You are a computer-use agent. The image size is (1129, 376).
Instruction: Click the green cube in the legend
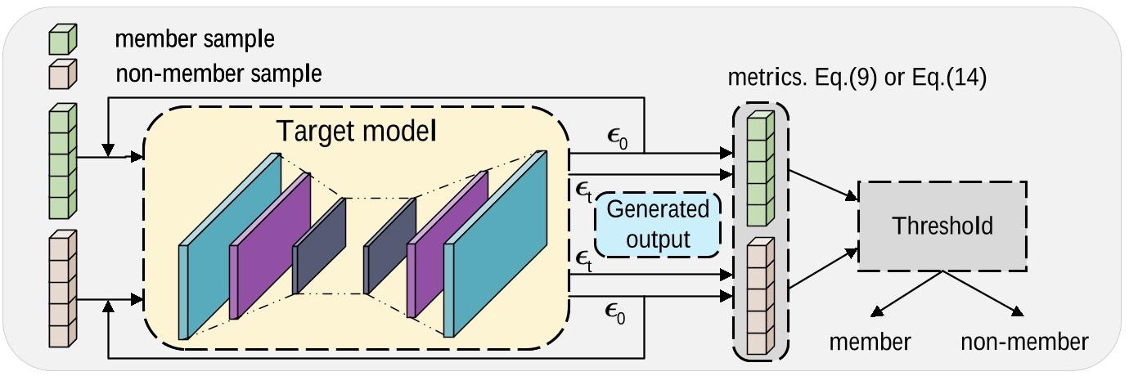[63, 39]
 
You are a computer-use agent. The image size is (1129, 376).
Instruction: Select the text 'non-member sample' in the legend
[218, 74]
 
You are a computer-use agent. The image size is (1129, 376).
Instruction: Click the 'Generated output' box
[659, 225]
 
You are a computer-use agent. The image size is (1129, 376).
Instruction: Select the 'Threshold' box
[942, 226]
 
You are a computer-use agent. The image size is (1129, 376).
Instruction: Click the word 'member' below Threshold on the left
[870, 342]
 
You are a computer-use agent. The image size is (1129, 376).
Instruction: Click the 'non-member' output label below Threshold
[1024, 342]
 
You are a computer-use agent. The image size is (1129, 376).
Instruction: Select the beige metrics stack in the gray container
[760, 297]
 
